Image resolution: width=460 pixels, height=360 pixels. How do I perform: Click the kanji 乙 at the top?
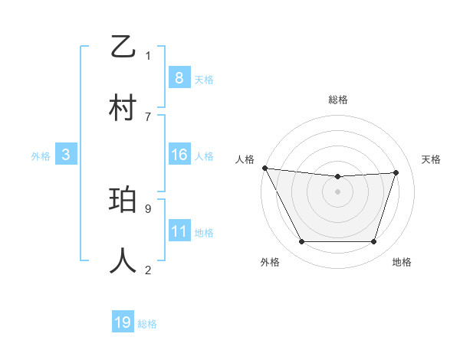click(x=123, y=47)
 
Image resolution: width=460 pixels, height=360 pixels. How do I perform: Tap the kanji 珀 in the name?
click(x=123, y=201)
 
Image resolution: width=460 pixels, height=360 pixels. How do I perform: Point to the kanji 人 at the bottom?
click(x=123, y=261)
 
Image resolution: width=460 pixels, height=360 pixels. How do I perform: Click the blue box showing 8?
click(x=179, y=77)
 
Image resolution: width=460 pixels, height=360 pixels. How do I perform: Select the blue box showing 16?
click(x=179, y=155)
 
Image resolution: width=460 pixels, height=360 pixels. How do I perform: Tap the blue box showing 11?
click(x=179, y=231)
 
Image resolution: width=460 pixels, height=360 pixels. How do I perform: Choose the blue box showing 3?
click(x=66, y=155)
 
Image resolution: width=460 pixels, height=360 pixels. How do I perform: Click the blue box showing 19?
click(x=123, y=322)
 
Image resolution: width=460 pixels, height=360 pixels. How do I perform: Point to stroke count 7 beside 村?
click(x=148, y=116)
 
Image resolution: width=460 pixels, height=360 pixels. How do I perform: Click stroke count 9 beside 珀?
click(x=148, y=208)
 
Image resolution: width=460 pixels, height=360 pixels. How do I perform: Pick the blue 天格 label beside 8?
click(x=204, y=79)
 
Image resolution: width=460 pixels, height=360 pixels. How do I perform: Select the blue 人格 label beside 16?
click(x=204, y=156)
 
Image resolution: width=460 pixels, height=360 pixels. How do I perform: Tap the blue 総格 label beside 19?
click(x=147, y=324)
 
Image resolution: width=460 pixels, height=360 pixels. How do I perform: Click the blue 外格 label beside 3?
click(x=41, y=156)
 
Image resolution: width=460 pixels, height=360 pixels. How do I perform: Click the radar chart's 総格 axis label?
click(x=337, y=100)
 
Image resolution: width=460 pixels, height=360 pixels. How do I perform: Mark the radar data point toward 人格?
click(x=264, y=168)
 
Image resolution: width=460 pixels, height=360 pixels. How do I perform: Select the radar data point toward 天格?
click(x=396, y=172)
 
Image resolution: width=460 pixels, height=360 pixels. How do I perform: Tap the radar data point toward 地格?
click(x=374, y=242)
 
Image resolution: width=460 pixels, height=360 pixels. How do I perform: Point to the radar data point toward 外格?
click(x=301, y=242)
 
